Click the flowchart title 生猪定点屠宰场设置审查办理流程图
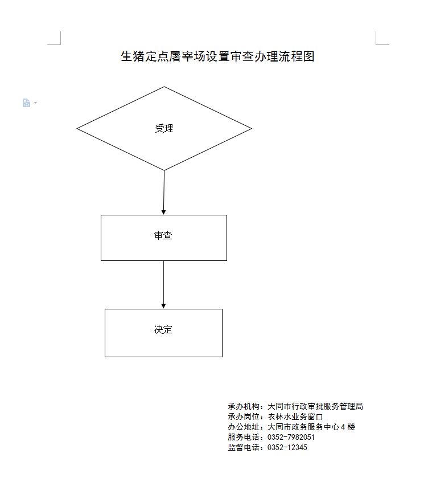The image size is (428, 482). [x=217, y=56]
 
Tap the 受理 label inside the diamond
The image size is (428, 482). [x=164, y=128]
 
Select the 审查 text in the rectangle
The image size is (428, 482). [x=163, y=235]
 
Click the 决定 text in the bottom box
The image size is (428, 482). [x=163, y=329]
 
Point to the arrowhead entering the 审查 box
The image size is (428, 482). [x=164, y=213]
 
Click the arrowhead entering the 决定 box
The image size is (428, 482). [x=164, y=306]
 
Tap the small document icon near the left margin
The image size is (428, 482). [x=26, y=103]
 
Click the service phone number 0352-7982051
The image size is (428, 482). [x=291, y=437]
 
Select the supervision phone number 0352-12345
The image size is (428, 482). [x=287, y=447]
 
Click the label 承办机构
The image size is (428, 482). [x=244, y=406]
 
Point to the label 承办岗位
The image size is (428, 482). [x=244, y=417]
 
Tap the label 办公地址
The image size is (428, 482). [x=244, y=427]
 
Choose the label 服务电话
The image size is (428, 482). [x=244, y=437]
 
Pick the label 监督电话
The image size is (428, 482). [x=244, y=447]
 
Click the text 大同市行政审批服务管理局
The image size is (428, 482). [x=315, y=406]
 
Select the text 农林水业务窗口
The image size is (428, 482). [x=295, y=417]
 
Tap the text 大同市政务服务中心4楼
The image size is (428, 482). [x=311, y=427]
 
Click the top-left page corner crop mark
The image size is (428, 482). [x=60, y=44]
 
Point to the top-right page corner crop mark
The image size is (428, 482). [x=376, y=44]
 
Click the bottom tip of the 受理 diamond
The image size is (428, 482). [x=164, y=170]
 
